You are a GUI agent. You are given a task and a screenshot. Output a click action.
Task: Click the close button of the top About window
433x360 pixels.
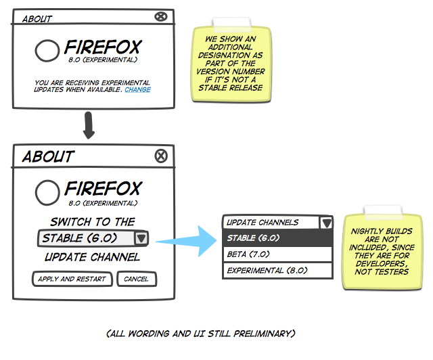click(160, 18)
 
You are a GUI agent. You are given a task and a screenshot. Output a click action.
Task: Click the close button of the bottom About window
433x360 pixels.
click(160, 156)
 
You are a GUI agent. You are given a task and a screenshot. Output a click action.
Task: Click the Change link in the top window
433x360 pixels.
click(138, 89)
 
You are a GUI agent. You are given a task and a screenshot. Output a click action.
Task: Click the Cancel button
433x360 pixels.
click(136, 279)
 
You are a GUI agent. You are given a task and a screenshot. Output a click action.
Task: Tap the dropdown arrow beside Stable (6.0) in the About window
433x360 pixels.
click(141, 238)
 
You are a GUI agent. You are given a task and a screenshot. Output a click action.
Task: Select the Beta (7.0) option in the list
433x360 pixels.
click(277, 254)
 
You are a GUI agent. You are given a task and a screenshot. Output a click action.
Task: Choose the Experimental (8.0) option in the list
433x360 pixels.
click(277, 270)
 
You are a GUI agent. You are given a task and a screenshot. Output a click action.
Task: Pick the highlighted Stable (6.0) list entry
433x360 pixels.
click(277, 238)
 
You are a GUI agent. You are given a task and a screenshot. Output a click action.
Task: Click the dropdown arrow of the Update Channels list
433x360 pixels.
click(326, 223)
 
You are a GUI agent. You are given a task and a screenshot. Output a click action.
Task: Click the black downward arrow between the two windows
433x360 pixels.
click(89, 126)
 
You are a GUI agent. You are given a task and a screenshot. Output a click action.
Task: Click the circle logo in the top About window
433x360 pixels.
click(47, 51)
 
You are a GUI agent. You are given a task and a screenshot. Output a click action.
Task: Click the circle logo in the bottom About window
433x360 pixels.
click(47, 193)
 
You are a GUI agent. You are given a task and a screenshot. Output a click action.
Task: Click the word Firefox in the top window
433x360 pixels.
click(103, 48)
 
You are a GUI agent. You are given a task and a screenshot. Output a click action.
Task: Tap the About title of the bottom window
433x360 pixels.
click(47, 157)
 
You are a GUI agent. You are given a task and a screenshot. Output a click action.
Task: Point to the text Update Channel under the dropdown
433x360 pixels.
click(92, 257)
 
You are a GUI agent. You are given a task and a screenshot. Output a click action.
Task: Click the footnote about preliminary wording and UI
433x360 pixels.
click(201, 334)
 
